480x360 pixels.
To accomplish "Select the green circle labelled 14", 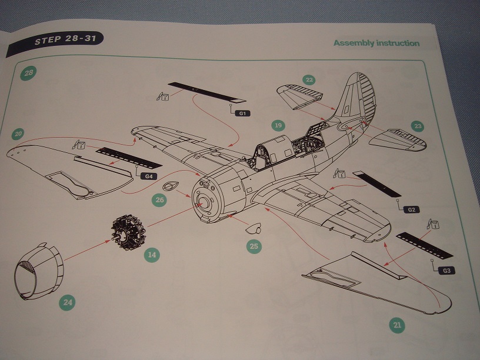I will tap(152, 255).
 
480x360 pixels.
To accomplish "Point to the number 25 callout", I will tap(254, 246).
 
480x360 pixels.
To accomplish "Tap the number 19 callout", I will tap(278, 125).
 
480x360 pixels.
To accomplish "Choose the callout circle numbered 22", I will tap(309, 80).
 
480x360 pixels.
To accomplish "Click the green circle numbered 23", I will tap(418, 126).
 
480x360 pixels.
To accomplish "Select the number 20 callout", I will tap(19, 135).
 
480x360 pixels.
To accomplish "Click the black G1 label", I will tap(242, 113).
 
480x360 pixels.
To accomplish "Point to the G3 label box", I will tap(447, 270).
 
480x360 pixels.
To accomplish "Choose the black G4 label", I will tap(149, 176).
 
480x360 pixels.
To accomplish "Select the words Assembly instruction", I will tap(376, 43).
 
